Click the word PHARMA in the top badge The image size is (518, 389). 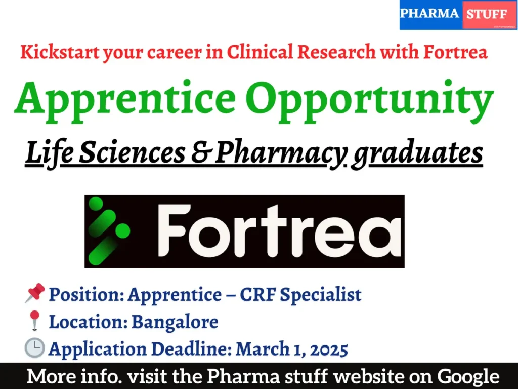click(x=429, y=14)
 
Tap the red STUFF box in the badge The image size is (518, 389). click(x=487, y=15)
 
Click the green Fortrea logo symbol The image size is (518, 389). click(x=107, y=231)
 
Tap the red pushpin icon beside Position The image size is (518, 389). click(x=34, y=294)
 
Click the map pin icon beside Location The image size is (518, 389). click(x=34, y=321)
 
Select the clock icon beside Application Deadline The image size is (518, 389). click(x=34, y=348)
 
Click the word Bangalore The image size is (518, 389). click(x=175, y=321)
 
